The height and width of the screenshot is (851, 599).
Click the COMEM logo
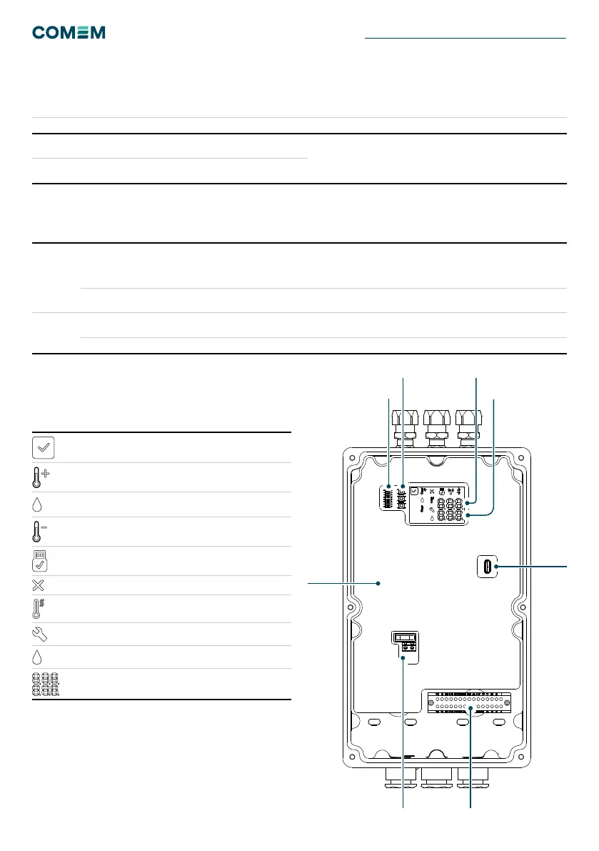tap(69, 33)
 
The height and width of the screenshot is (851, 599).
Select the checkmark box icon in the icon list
tap(44, 448)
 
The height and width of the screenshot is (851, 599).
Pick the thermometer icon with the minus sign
tap(39, 532)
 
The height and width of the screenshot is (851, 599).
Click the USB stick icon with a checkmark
tap(39, 561)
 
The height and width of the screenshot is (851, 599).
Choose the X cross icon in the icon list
tap(38, 585)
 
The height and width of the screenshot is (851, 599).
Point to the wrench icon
tap(39, 634)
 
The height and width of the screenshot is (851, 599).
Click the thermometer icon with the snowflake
tap(38, 609)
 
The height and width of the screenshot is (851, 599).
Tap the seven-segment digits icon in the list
tap(46, 685)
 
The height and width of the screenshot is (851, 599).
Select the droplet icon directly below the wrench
tap(37, 657)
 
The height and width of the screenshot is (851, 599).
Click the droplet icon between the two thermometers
tap(37, 504)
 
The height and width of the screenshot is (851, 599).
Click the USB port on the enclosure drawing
tap(488, 567)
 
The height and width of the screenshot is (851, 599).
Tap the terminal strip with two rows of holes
tap(469, 703)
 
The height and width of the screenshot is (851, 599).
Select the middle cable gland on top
tap(437, 428)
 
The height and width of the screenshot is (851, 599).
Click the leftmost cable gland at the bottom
tap(401, 777)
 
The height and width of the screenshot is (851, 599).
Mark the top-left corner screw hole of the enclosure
tap(353, 457)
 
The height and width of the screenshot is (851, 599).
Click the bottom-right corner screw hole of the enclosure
tap(521, 757)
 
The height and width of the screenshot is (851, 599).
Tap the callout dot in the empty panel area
tap(378, 584)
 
